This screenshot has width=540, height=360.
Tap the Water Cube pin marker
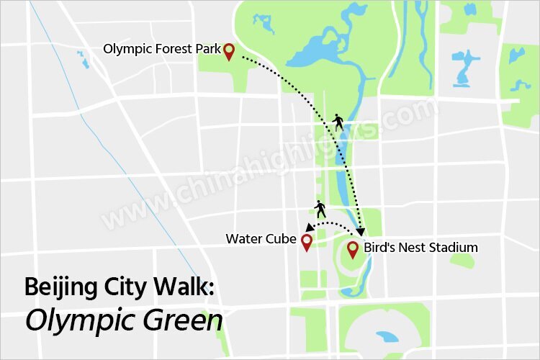pos(306,242)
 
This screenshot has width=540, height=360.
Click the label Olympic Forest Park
pos(162,50)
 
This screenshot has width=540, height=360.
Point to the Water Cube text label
pos(261,238)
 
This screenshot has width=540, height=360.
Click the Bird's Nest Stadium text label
pos(420,248)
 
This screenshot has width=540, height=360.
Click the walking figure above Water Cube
pos(320,210)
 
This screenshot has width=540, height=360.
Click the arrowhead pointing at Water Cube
pos(309,228)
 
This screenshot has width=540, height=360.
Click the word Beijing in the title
pos(57,287)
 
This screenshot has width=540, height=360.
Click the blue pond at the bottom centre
pos(387,336)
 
